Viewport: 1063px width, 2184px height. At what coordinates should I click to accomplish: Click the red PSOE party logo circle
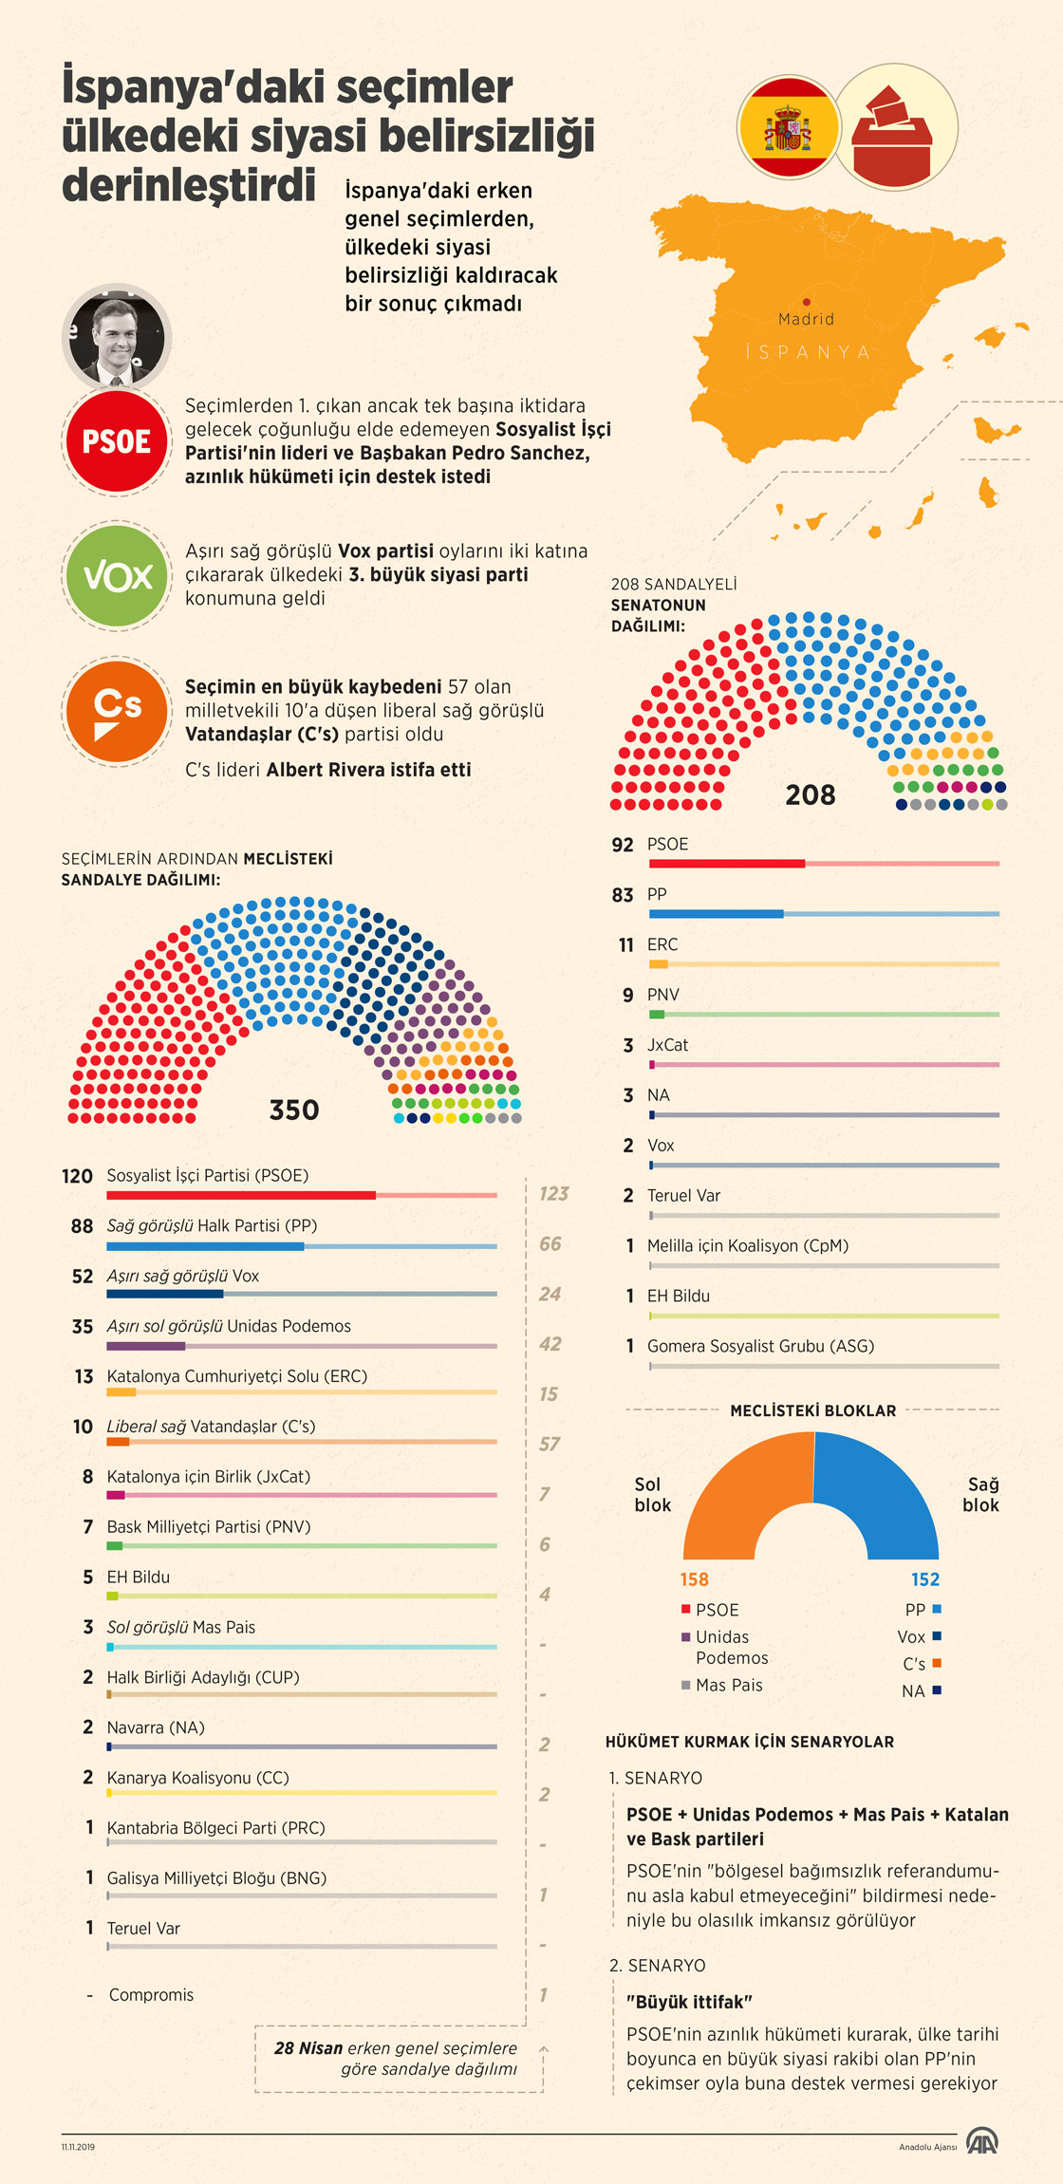pyautogui.click(x=116, y=441)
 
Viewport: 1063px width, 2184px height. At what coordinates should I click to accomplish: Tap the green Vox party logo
pyautogui.click(x=117, y=575)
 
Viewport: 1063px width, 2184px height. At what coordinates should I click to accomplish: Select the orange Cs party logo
pyautogui.click(x=117, y=710)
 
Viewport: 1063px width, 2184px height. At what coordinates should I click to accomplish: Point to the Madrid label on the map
pyautogui.click(x=806, y=319)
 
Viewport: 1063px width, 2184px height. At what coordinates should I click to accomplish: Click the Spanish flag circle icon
pyautogui.click(x=788, y=127)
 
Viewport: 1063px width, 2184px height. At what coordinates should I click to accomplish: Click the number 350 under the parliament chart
pyautogui.click(x=294, y=1110)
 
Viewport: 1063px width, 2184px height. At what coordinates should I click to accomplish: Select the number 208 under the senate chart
pyautogui.click(x=810, y=794)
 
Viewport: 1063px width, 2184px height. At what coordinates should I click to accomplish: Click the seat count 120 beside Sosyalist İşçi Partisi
pyautogui.click(x=77, y=1176)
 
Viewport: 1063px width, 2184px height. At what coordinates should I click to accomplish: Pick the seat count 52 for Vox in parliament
pyautogui.click(x=83, y=1277)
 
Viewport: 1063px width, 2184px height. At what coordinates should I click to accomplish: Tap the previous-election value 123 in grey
pyautogui.click(x=553, y=1194)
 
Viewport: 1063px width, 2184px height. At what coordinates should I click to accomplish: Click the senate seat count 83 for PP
pyautogui.click(x=623, y=895)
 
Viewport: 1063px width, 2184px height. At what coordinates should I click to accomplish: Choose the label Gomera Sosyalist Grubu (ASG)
pyautogui.click(x=760, y=1346)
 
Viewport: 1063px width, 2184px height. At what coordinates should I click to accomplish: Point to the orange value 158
pyautogui.click(x=694, y=1579)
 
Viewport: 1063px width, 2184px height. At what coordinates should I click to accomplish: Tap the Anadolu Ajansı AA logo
pyautogui.click(x=981, y=2141)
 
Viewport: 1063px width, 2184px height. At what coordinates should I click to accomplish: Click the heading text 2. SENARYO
pyautogui.click(x=658, y=1965)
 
